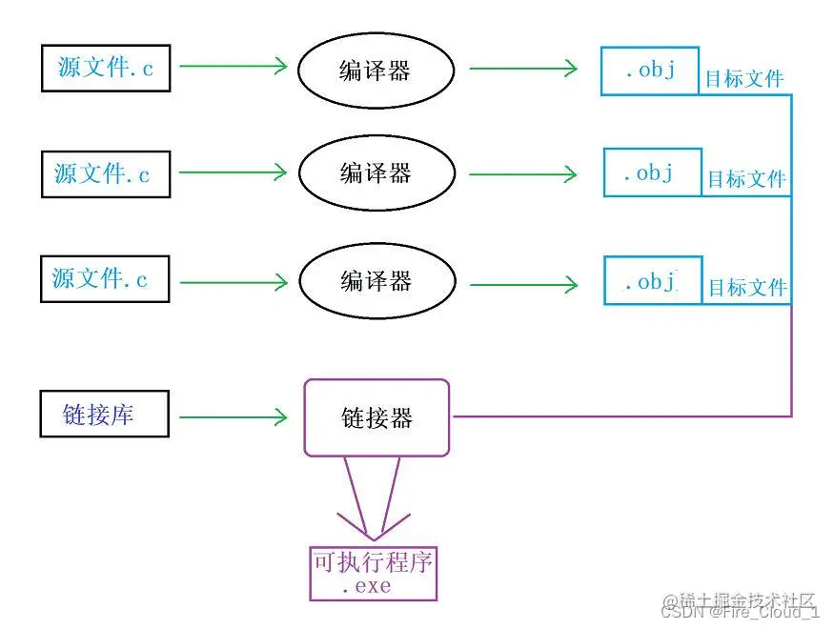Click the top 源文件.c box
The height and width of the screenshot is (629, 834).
tap(106, 68)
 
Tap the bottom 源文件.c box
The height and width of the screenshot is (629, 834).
tap(105, 278)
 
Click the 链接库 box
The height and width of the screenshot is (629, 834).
tap(105, 414)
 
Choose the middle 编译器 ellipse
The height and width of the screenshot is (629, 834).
tap(375, 172)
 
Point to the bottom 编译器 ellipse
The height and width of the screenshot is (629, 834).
tap(375, 281)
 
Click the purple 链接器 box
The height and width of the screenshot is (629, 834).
tap(376, 417)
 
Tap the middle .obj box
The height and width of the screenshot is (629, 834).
tap(652, 172)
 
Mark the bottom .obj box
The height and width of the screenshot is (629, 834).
tap(653, 281)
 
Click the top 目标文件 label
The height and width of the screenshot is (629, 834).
tap(744, 79)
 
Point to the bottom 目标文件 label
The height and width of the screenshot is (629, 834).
tap(747, 287)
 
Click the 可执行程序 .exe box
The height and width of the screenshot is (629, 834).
tap(373, 573)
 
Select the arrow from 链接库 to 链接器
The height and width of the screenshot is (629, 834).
tap(234, 416)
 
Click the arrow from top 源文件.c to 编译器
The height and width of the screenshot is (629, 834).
tap(234, 66)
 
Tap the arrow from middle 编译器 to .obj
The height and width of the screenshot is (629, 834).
tap(523, 174)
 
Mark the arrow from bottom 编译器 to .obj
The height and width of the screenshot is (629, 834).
tap(523, 283)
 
